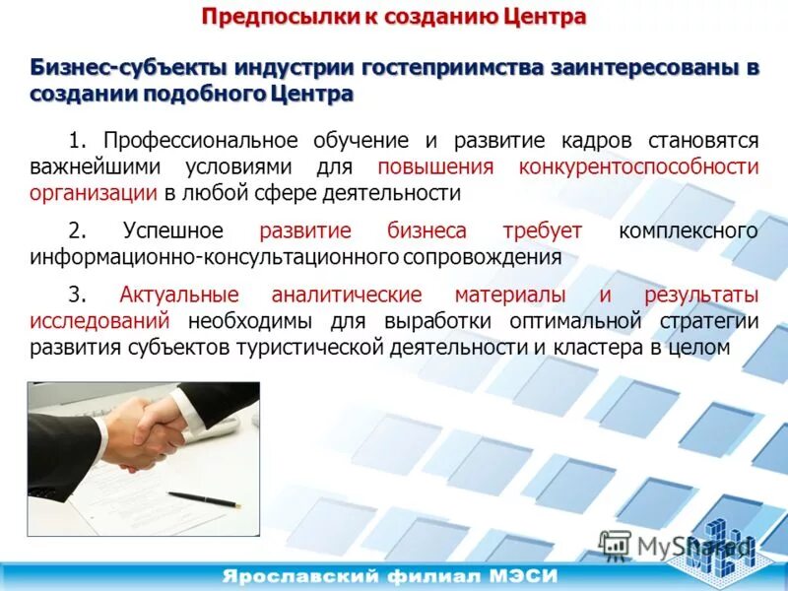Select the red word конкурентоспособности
(638, 166)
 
